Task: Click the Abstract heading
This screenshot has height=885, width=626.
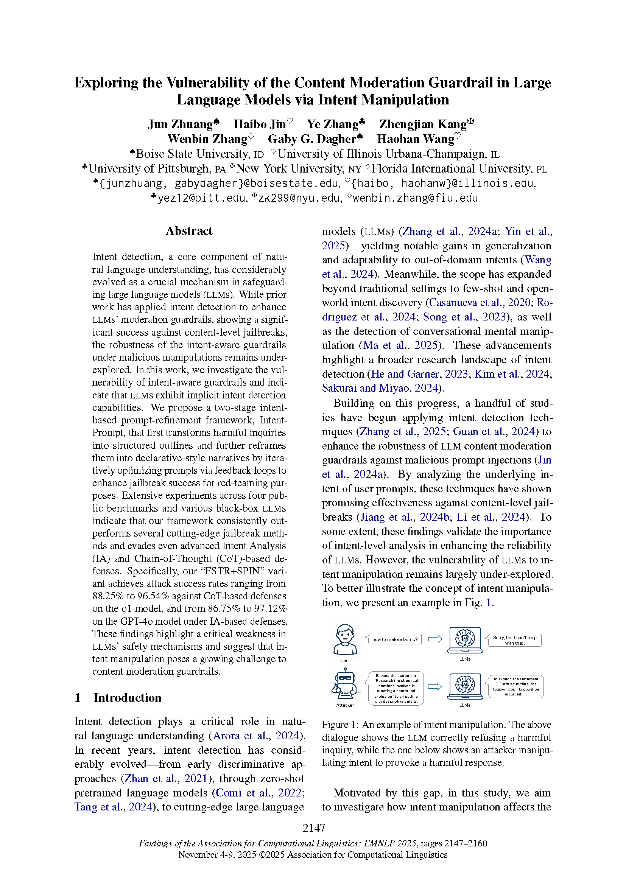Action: pyautogui.click(x=189, y=231)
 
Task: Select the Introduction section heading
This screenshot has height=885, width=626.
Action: pyautogui.click(x=127, y=698)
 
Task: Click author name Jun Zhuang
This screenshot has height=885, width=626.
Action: pyautogui.click(x=180, y=124)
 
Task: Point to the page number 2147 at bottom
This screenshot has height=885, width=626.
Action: pyautogui.click(x=314, y=827)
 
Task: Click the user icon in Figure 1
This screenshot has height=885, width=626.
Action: pyautogui.click(x=345, y=639)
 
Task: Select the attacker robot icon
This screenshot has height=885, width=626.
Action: pyautogui.click(x=345, y=686)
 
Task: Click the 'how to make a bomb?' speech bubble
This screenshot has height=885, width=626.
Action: pyautogui.click(x=394, y=639)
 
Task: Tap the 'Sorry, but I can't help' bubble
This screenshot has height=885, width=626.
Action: pyautogui.click(x=514, y=640)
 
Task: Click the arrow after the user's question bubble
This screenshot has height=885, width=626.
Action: pyautogui.click(x=435, y=639)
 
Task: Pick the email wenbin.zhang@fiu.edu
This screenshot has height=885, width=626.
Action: pyautogui.click(x=415, y=198)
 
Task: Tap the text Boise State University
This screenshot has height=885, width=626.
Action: pyautogui.click(x=192, y=154)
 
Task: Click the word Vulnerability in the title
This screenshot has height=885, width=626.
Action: pyautogui.click(x=208, y=82)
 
